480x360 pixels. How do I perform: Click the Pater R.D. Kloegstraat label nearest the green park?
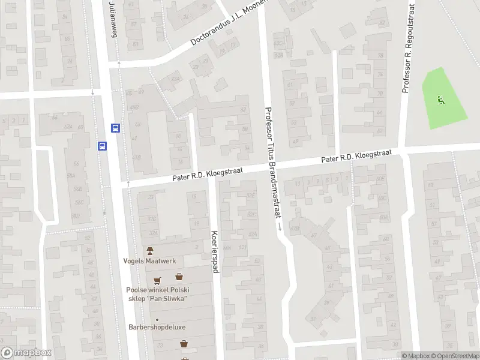[356, 157]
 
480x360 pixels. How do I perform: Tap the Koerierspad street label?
[214, 251]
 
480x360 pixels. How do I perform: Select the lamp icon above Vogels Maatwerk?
[150, 250]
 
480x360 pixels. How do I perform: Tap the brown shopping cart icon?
[158, 280]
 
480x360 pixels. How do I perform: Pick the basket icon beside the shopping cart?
[179, 277]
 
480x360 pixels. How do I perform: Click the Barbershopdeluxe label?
[157, 328]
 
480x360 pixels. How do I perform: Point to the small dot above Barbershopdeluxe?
[157, 319]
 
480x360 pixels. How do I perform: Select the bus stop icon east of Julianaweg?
[115, 128]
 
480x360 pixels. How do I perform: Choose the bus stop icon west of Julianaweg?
[102, 146]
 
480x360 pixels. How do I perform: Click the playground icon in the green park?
[441, 100]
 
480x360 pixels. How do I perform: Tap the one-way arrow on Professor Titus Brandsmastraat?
[280, 227]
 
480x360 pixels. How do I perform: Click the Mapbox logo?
[26, 353]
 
